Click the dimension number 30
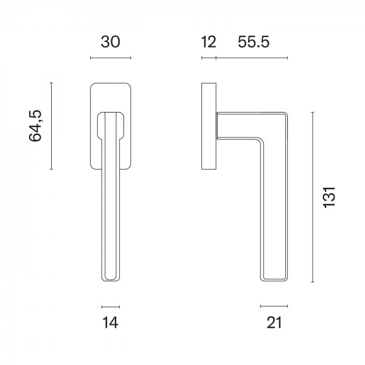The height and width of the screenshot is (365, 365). coord(111,42)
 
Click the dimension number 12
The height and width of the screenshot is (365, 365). coord(209,42)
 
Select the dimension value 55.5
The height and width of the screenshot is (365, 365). coord(254,42)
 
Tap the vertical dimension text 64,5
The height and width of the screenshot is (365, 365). coord(35,126)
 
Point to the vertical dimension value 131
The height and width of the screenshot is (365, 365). coord(329,197)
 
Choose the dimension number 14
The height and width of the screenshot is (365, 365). coord(111,322)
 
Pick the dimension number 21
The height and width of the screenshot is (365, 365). coord(274,322)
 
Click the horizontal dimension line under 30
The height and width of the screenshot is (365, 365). coord(111,58)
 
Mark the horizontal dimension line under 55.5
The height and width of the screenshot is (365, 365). coord(252,58)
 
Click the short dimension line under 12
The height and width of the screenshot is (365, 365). coord(209,58)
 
